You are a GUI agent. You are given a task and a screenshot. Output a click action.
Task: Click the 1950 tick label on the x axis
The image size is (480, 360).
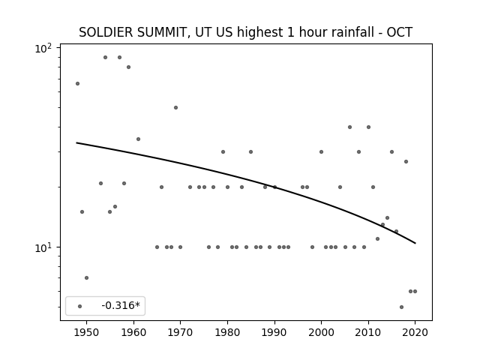click(86, 332)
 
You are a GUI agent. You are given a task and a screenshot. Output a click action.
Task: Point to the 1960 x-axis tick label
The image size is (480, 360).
click(133, 332)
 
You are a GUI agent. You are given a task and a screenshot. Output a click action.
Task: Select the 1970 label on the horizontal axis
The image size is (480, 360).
click(180, 332)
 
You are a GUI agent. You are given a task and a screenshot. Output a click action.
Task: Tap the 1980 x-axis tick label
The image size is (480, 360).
click(227, 332)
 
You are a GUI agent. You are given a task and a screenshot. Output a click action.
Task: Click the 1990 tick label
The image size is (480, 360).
click(274, 332)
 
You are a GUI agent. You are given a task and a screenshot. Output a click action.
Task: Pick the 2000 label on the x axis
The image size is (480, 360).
click(321, 332)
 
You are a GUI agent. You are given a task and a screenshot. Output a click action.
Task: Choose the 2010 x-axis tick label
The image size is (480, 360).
click(368, 332)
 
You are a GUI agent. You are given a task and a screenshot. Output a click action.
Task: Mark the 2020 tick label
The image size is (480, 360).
click(415, 332)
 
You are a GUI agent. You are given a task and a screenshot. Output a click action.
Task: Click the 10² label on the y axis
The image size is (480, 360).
click(43, 48)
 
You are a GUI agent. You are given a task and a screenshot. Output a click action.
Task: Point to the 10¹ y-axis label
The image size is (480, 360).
click(43, 247)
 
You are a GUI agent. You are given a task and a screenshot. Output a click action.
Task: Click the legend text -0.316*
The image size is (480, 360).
click(121, 305)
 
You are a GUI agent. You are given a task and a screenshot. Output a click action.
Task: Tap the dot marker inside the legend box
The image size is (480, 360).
click(80, 306)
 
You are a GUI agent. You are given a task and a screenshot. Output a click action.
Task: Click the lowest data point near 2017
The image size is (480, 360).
click(402, 307)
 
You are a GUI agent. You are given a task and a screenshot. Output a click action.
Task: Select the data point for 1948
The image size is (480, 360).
click(77, 83)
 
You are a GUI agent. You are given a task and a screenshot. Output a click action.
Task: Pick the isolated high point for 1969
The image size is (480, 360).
click(175, 107)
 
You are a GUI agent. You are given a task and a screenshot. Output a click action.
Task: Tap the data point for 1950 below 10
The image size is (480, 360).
click(87, 278)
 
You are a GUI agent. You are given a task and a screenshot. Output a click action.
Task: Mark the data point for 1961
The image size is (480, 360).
click(138, 139)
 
